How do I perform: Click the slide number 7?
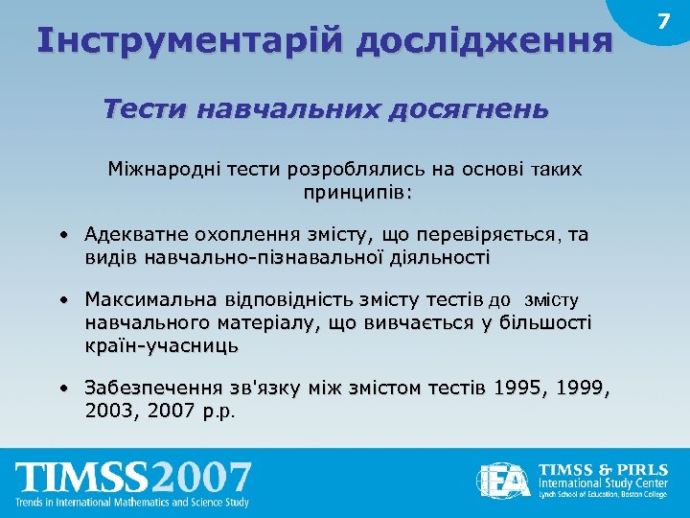[662, 21]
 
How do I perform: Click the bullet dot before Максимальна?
[60, 301]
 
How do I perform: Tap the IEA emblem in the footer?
[505, 480]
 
